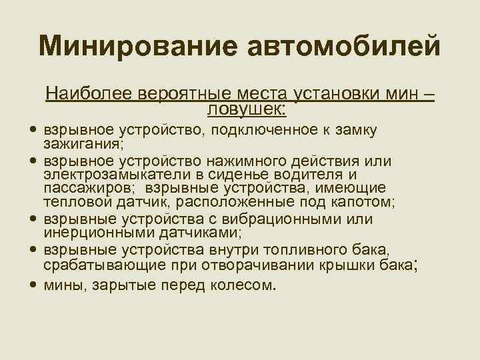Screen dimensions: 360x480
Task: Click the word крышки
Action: (x=357, y=265)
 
